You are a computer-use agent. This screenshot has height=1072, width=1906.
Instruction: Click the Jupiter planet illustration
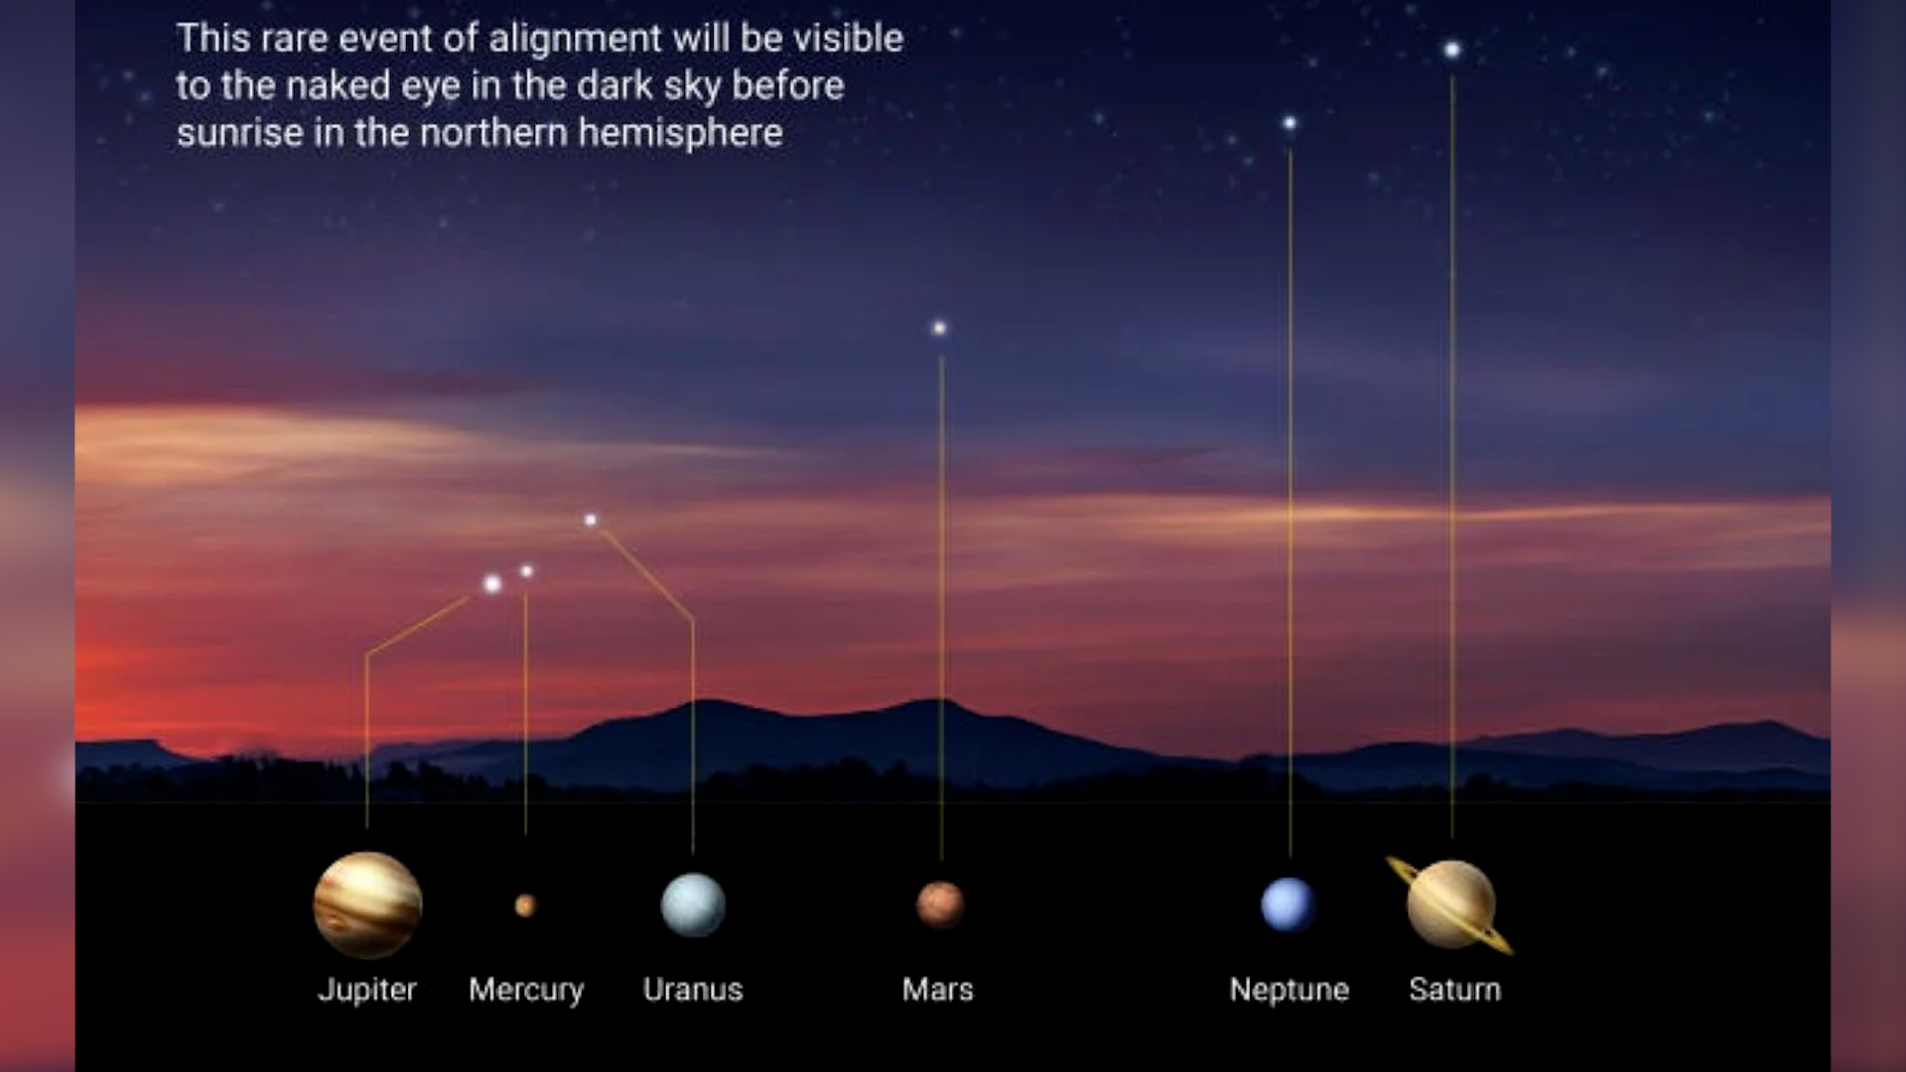click(x=367, y=904)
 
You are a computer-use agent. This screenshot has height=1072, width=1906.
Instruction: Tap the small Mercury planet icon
click(x=525, y=905)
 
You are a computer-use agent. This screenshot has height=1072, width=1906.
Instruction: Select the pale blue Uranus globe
click(x=693, y=904)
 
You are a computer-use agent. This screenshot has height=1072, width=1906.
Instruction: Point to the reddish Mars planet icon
click(x=939, y=904)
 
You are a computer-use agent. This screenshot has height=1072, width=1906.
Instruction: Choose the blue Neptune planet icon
click(x=1289, y=905)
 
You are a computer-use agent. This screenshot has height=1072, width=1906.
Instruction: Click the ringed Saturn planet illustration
click(x=1450, y=904)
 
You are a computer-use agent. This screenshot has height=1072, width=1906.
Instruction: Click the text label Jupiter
click(x=367, y=991)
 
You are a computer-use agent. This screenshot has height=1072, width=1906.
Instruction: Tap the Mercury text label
click(x=526, y=991)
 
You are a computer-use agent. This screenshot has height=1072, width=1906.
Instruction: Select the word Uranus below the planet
click(x=693, y=990)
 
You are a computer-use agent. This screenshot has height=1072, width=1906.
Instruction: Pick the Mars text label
click(x=938, y=990)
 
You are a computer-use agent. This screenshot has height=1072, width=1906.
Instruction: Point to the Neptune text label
click(x=1290, y=991)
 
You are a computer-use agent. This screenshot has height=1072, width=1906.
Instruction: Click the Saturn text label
click(x=1455, y=990)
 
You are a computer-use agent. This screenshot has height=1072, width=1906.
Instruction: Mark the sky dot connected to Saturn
click(x=1452, y=50)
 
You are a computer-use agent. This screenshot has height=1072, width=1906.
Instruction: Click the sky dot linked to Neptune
click(x=1290, y=123)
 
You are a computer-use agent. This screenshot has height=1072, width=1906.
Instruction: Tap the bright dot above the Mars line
click(x=939, y=328)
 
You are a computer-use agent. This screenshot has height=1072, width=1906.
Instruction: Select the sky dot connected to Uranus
click(x=591, y=520)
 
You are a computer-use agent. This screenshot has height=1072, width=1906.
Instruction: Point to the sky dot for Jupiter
click(x=492, y=584)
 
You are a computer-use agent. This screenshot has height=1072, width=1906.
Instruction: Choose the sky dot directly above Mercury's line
click(x=526, y=572)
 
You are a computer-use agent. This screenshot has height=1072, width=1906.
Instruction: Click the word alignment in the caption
click(x=575, y=39)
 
